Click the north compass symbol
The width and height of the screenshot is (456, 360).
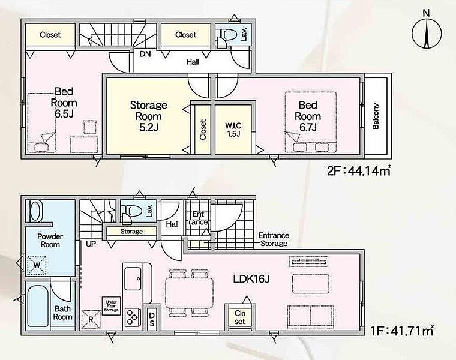427,33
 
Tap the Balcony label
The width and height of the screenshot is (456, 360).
376,116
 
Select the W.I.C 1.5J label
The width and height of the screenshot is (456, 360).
233,130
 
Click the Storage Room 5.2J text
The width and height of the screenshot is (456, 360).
148,116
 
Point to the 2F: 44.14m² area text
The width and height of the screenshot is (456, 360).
358,171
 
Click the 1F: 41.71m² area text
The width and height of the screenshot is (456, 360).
402,331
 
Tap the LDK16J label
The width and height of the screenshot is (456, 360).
251,279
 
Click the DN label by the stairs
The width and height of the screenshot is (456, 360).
145,54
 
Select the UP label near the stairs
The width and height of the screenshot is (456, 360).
91,244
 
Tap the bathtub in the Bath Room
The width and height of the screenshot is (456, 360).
38,305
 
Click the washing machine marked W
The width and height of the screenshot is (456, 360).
37,265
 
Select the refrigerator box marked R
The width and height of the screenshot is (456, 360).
91,320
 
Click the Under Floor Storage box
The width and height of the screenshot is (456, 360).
112,306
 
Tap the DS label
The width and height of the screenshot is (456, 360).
152,319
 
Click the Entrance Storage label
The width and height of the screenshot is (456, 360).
274,239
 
